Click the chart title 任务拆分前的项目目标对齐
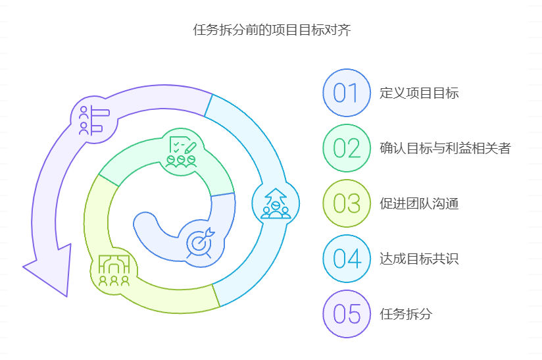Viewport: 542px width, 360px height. pyautogui.click(x=272, y=30)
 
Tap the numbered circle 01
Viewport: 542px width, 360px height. pyautogui.click(x=346, y=93)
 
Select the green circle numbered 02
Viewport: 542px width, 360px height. pyautogui.click(x=346, y=148)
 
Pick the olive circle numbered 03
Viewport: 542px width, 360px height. pyautogui.click(x=346, y=203)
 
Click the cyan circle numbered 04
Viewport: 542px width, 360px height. pyautogui.click(x=346, y=259)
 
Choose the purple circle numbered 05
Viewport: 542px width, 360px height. pyautogui.click(x=346, y=314)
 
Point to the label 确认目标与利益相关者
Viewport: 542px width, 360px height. pyautogui.click(x=445, y=148)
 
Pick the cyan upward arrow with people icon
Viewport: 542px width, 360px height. pyautogui.click(x=276, y=203)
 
